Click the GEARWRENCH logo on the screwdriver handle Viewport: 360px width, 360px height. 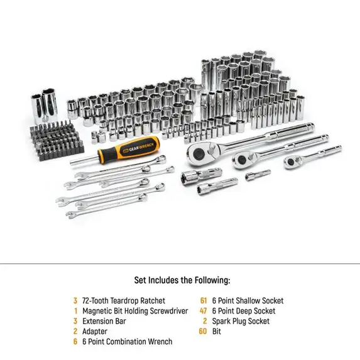pyautogui.click(x=141, y=148)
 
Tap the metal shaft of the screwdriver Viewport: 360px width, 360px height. pyautogui.click(x=84, y=160)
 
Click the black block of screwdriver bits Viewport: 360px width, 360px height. pyautogui.click(x=57, y=141)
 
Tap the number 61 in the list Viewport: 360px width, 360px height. pyautogui.click(x=204, y=300)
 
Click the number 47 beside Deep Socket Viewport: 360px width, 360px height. pyautogui.click(x=204, y=310)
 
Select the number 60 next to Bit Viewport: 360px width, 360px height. pyautogui.click(x=203, y=331)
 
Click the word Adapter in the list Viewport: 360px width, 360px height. pyautogui.click(x=95, y=331)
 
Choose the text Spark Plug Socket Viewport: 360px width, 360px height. pyautogui.click(x=241, y=321)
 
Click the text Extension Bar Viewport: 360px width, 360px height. pyautogui.click(x=104, y=321)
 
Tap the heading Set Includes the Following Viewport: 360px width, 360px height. pyautogui.click(x=182, y=280)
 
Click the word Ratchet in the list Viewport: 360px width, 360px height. pyautogui.click(x=153, y=300)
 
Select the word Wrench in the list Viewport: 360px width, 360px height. pyautogui.click(x=160, y=341)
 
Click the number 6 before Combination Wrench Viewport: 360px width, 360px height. pyautogui.click(x=75, y=341)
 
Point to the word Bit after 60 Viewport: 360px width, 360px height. pyautogui.click(x=217, y=331)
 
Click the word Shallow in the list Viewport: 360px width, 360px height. pyautogui.click(x=248, y=300)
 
